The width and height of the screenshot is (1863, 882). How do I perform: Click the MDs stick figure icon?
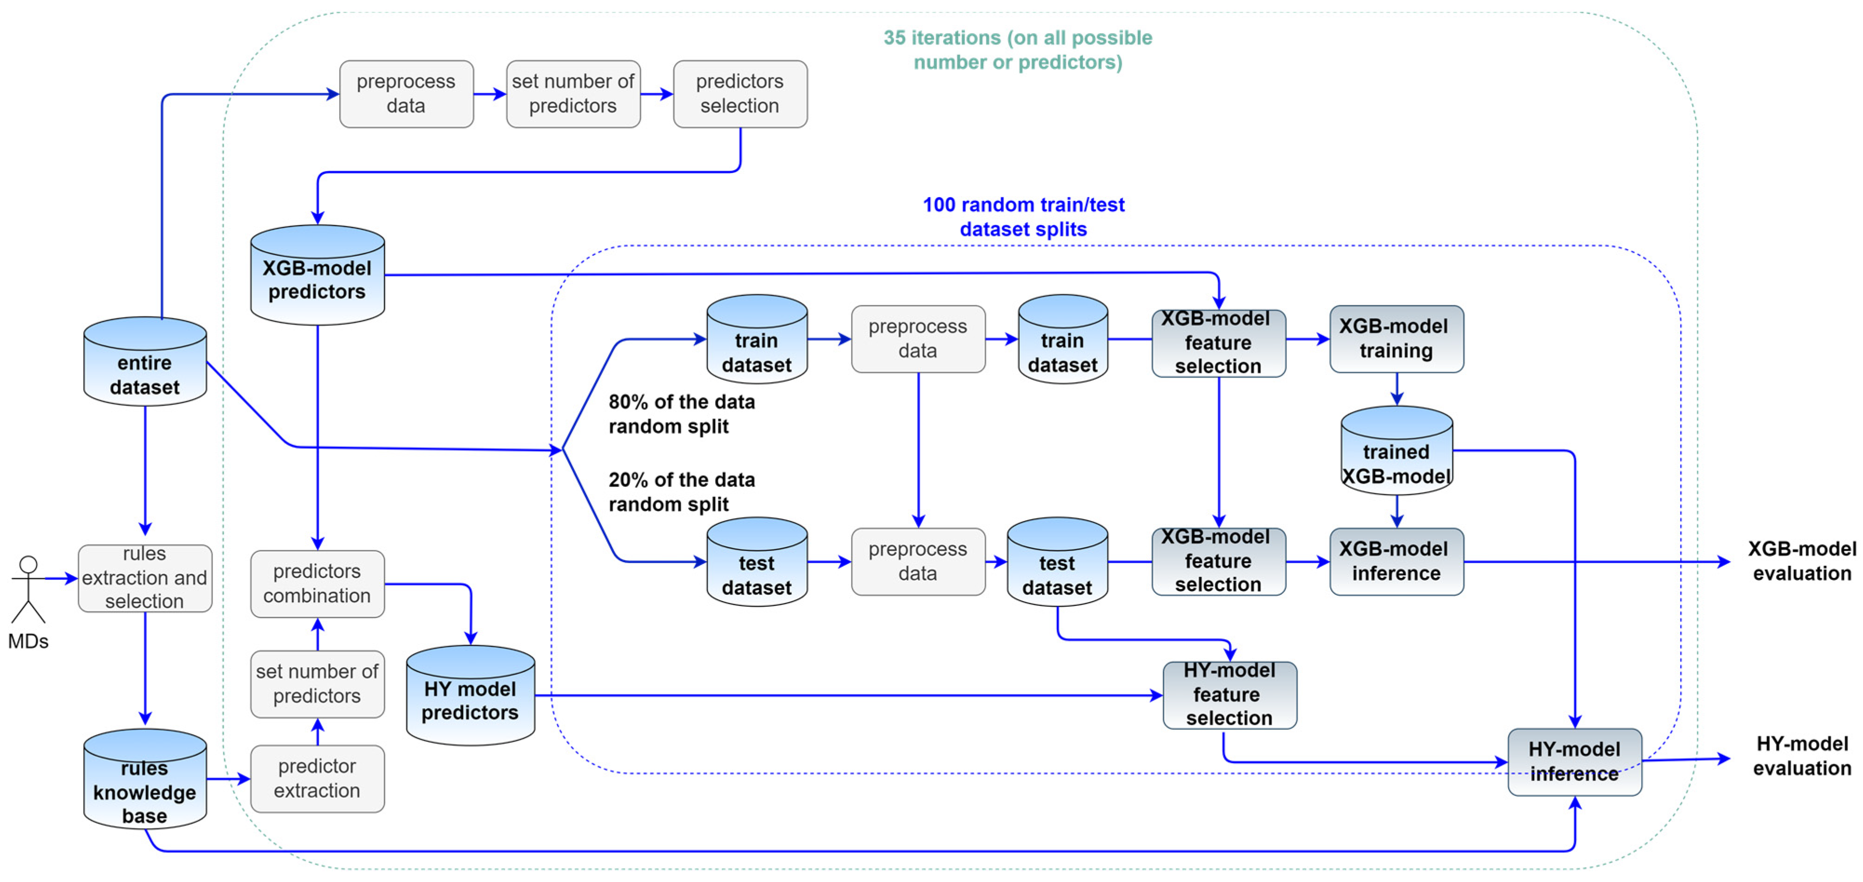point(28,589)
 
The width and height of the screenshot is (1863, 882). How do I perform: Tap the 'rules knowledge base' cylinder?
point(145,781)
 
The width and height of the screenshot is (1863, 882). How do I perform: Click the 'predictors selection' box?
point(740,94)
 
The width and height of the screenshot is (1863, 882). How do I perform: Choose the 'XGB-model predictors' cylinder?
point(317,276)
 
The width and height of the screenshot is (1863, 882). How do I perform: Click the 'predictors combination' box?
point(317,584)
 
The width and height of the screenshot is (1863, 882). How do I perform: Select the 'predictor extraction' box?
point(317,779)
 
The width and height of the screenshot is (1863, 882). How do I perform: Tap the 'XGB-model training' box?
point(1396,338)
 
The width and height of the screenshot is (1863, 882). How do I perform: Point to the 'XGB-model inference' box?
point(1396,561)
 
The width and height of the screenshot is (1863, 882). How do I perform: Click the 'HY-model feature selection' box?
point(1229,695)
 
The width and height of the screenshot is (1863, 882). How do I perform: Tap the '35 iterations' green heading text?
point(1018,49)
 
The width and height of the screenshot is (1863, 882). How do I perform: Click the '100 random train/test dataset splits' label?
point(1023,217)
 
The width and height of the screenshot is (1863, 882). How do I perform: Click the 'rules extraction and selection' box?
point(145,577)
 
